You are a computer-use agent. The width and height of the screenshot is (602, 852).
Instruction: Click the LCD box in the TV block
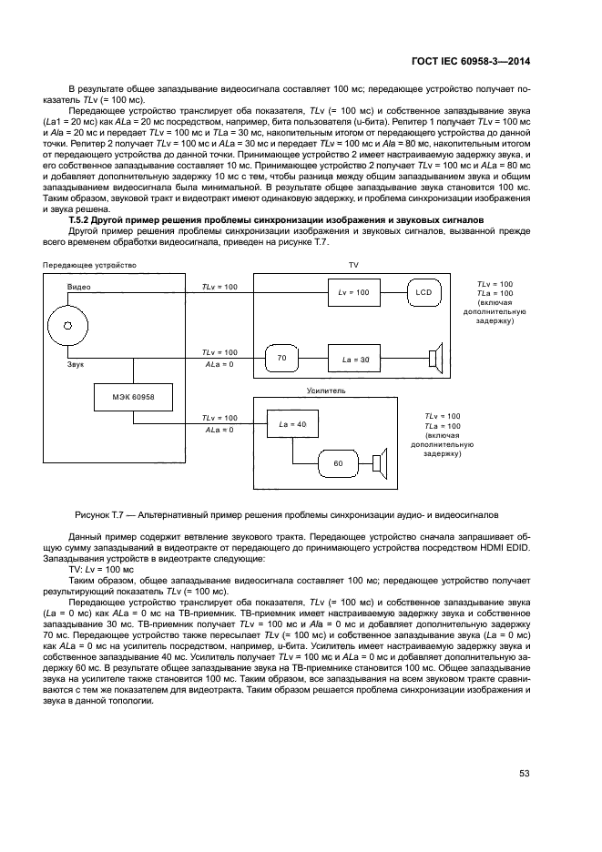click(x=423, y=292)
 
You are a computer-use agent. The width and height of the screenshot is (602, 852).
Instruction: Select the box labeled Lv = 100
click(x=354, y=292)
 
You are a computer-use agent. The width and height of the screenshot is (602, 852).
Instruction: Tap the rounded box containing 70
click(x=282, y=360)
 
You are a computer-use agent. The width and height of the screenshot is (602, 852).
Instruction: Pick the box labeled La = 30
click(x=356, y=360)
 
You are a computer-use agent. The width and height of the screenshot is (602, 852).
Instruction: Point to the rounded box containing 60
click(x=338, y=463)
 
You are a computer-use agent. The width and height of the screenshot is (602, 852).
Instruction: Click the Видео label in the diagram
click(x=78, y=287)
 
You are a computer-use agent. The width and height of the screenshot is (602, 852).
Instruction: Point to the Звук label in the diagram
click(x=77, y=364)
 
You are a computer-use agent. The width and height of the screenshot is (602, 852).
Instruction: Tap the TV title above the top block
click(x=354, y=264)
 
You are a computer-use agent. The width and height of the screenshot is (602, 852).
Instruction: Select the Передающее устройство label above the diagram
click(x=88, y=265)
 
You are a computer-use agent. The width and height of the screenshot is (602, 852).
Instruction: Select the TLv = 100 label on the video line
click(x=219, y=287)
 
